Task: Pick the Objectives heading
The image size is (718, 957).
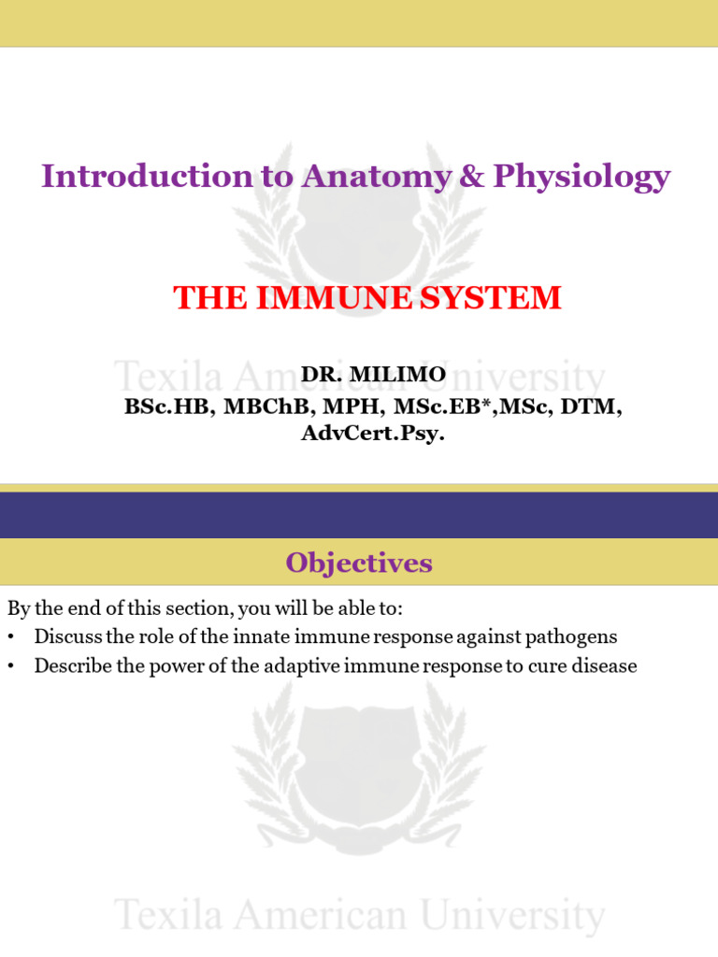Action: tap(359, 563)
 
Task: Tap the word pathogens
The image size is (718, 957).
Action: tap(572, 637)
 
